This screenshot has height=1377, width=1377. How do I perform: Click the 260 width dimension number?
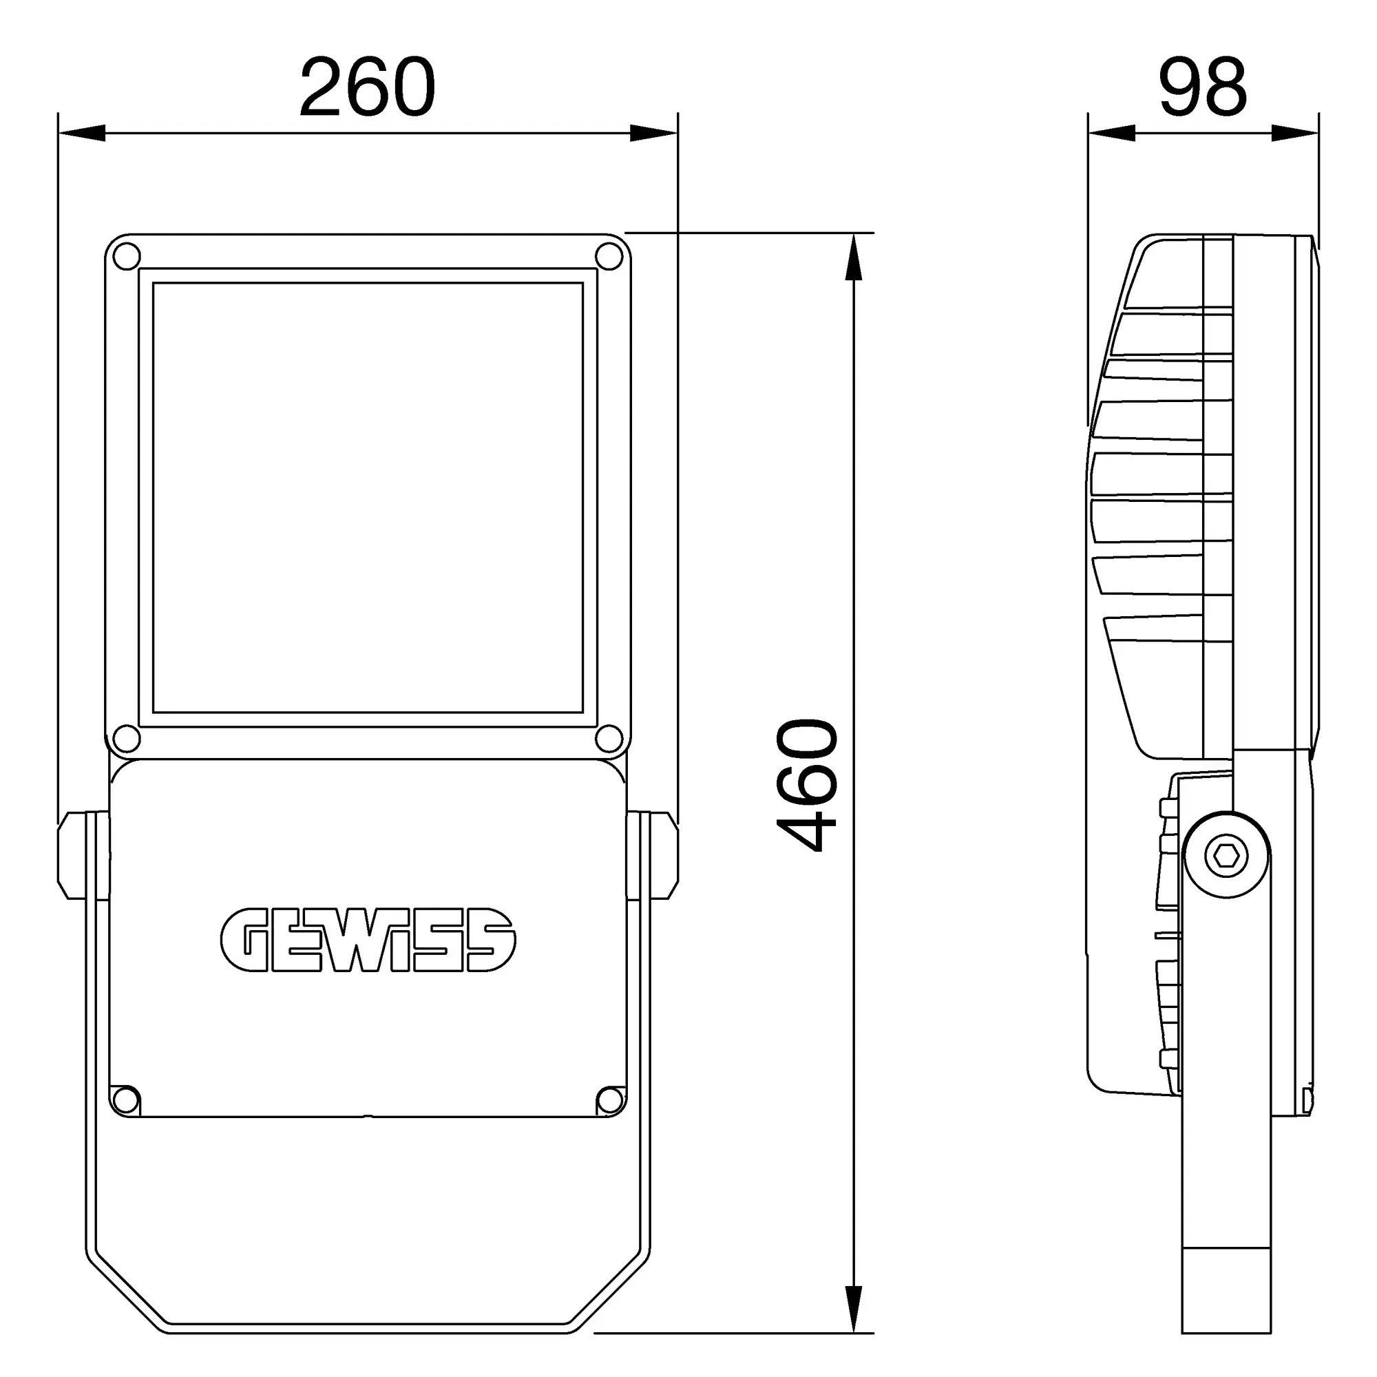tap(367, 87)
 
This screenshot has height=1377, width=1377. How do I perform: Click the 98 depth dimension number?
tap(1203, 87)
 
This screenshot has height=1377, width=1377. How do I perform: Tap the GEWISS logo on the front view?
tap(368, 940)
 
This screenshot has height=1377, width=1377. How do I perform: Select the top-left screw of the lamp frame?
tap(127, 257)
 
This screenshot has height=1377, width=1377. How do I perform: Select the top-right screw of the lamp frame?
tap(609, 257)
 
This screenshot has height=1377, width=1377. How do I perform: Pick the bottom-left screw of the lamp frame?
tap(127, 738)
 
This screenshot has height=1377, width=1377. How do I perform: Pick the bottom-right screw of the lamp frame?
tap(609, 738)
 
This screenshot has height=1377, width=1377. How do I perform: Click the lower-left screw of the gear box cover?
tap(125, 1100)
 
